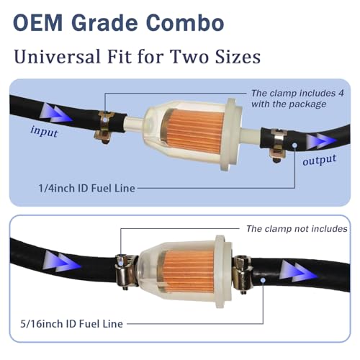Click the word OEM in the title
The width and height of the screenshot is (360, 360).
tap(37, 23)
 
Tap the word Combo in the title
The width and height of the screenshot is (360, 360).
tap(185, 23)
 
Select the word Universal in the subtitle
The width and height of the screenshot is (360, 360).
tap(58, 57)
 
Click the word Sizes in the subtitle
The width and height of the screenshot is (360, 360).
tap(238, 57)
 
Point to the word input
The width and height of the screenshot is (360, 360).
tap(44, 132)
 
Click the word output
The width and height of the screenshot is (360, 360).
tap(320, 160)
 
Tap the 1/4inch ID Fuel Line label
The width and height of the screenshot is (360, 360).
tap(87, 188)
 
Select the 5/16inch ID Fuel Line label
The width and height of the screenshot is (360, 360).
tap(71, 324)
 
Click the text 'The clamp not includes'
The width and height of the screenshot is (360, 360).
tap(297, 229)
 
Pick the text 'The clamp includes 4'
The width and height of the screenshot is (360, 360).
tap(297, 93)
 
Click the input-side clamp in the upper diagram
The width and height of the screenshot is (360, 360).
tap(104, 127)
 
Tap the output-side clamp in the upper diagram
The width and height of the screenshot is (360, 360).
tap(278, 145)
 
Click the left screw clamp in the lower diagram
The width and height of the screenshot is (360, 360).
tap(125, 271)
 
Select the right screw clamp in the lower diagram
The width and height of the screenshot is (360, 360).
tap(243, 274)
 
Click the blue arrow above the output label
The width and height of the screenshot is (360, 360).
tap(322, 141)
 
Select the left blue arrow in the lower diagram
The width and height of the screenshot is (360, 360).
tap(63, 261)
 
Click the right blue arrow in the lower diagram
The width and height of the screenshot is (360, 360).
tap(298, 271)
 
